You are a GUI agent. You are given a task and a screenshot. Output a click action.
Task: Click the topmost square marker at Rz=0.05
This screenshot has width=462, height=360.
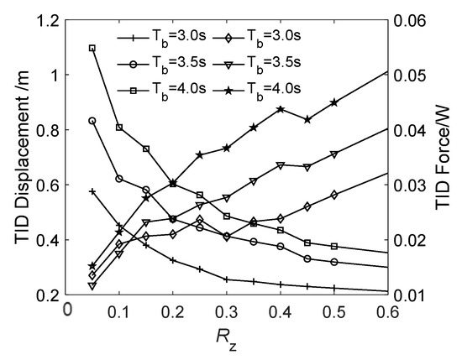click(x=92, y=48)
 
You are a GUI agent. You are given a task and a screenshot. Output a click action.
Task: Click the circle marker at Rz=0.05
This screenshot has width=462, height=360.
click(x=92, y=121)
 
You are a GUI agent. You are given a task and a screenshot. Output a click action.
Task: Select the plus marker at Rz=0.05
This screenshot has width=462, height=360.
click(x=92, y=191)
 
